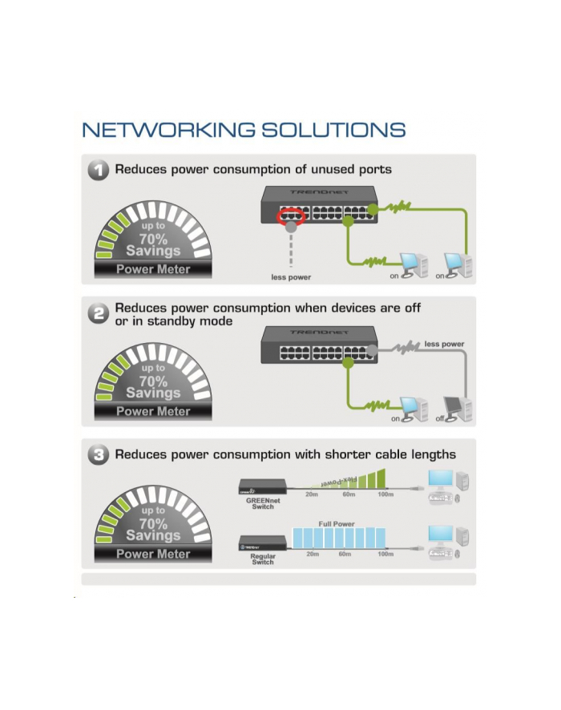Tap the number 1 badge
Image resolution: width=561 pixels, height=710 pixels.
99,170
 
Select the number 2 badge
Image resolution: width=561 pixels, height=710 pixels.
99,314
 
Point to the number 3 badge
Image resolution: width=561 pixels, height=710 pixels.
99,455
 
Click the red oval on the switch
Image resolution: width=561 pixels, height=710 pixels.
291,216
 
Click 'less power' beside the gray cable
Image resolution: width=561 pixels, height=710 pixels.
444,345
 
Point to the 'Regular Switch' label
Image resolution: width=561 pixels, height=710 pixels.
263,559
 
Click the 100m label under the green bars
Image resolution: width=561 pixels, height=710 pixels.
385,494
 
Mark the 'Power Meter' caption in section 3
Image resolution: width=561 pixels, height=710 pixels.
153,554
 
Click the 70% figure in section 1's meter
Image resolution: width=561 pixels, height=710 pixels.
153,239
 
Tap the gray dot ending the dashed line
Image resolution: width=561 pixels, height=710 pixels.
291,228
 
